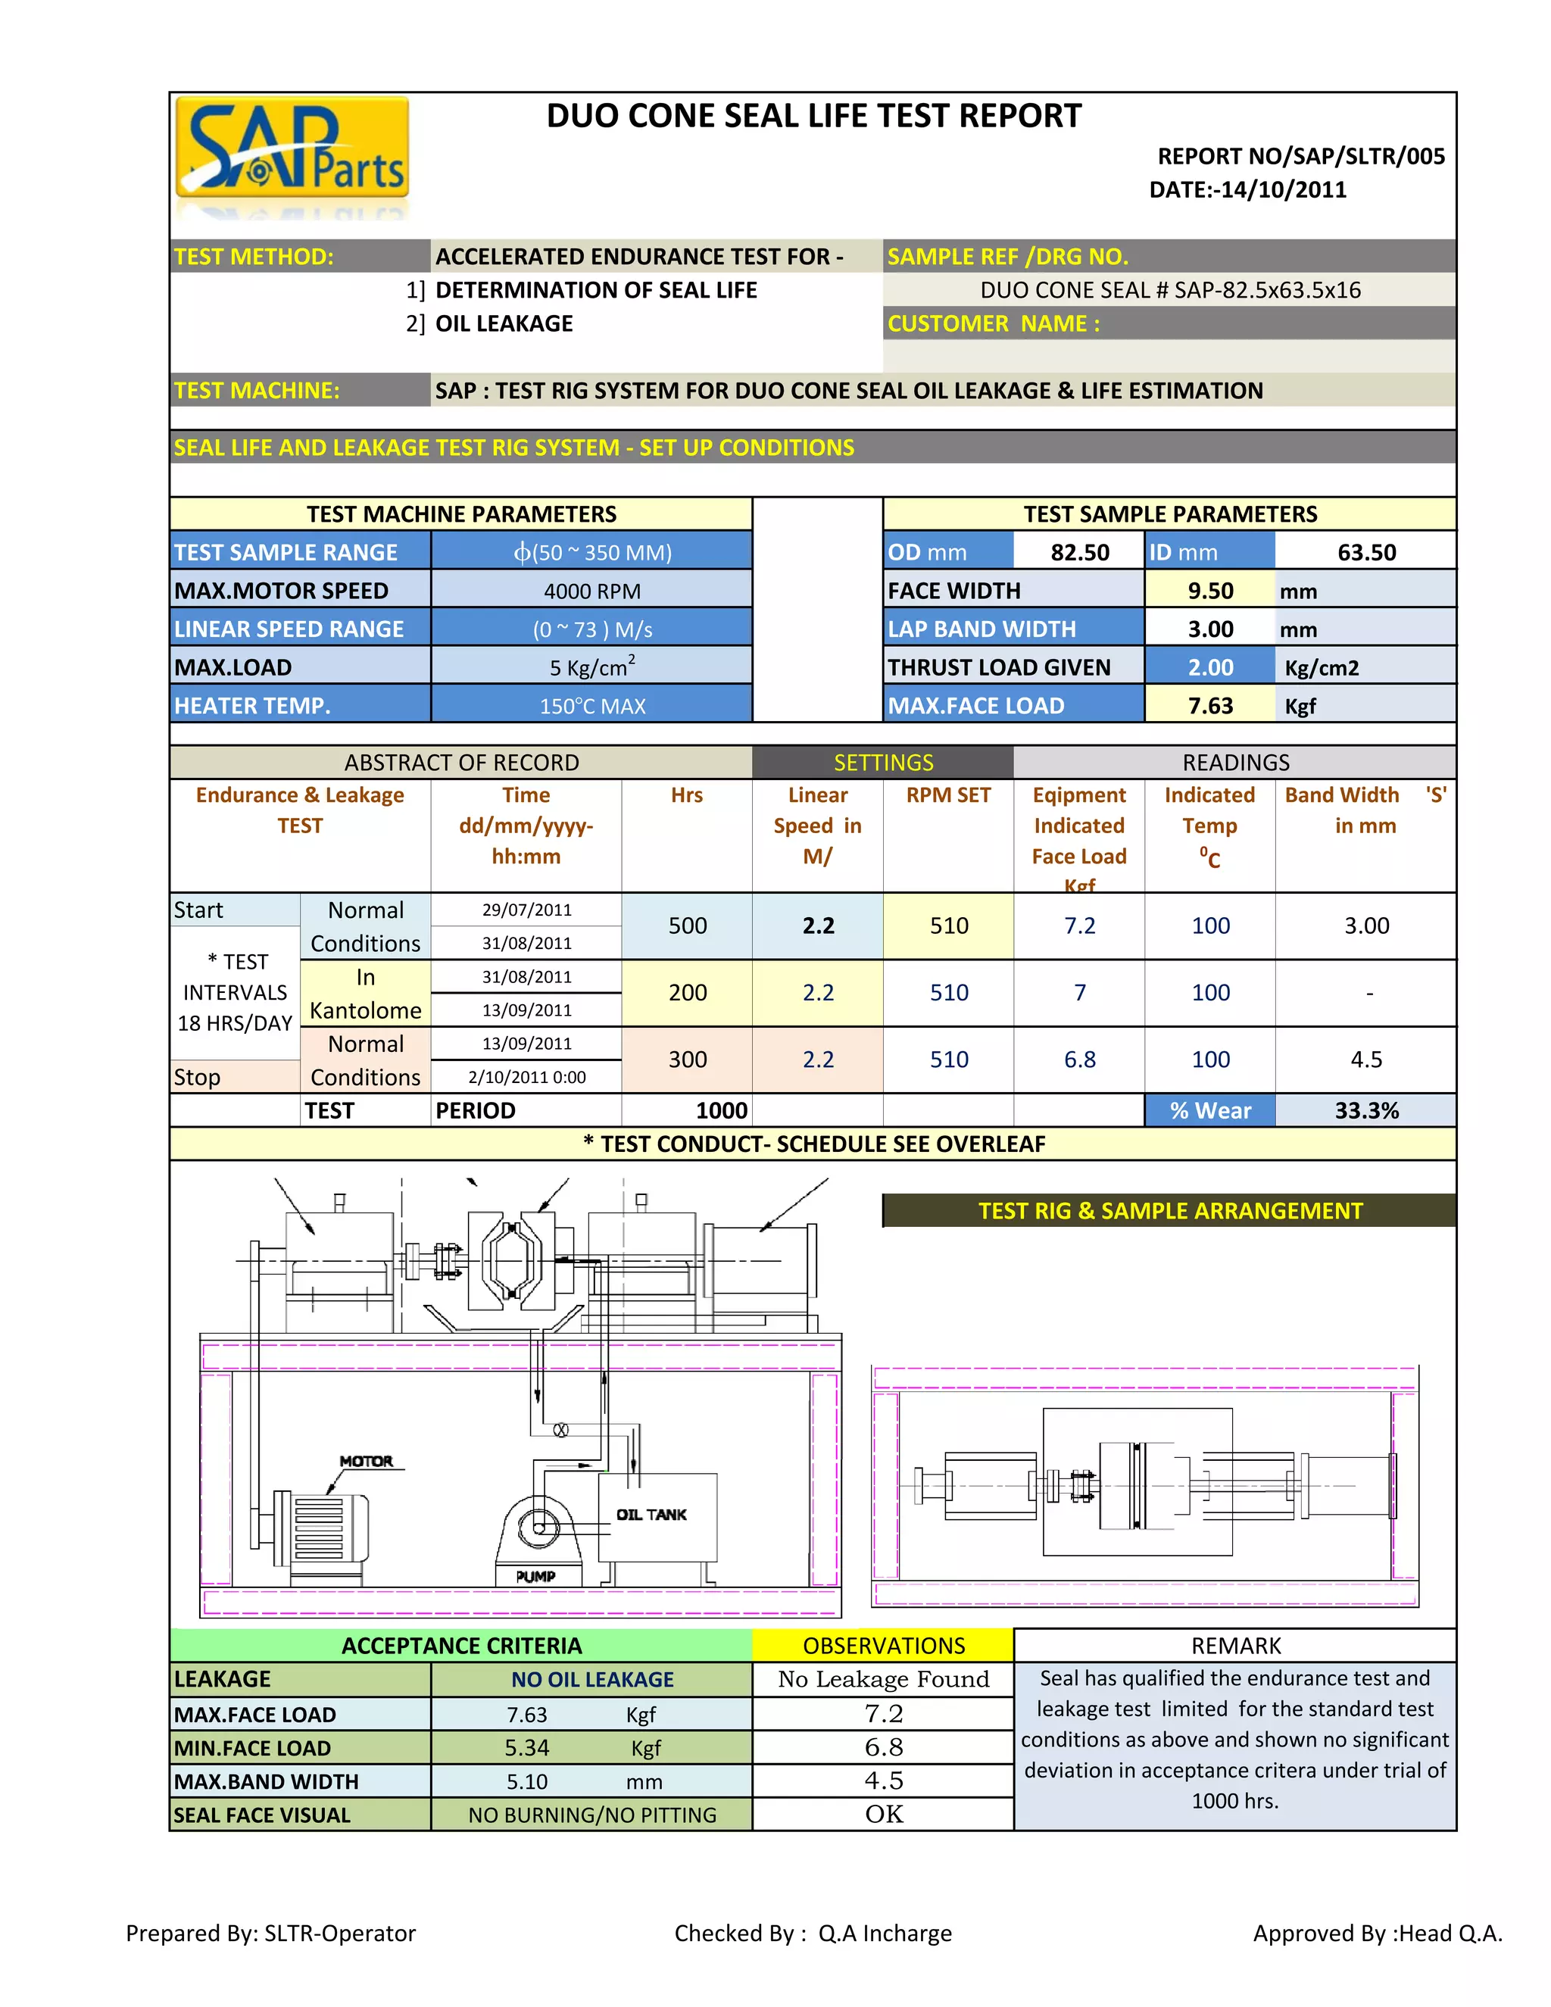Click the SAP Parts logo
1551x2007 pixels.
click(292, 149)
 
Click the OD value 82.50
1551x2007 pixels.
click(1080, 552)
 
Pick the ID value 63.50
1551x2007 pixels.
click(1366, 552)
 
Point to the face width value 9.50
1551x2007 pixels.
click(1210, 591)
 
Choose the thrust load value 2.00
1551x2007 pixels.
click(1210, 667)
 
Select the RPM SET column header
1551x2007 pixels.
click(948, 795)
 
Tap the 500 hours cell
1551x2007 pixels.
click(688, 925)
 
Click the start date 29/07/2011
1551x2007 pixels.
click(526, 910)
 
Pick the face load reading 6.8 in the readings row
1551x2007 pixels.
click(1080, 1060)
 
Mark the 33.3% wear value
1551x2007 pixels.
click(1366, 1110)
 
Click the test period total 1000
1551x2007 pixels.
click(721, 1110)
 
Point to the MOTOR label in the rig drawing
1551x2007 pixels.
click(366, 1461)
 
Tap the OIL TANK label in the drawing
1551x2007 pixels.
click(651, 1515)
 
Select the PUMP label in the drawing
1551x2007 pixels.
click(535, 1576)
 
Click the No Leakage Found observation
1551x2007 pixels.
click(883, 1679)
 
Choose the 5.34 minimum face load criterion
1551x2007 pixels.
click(526, 1748)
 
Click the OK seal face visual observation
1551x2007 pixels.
click(883, 1814)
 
